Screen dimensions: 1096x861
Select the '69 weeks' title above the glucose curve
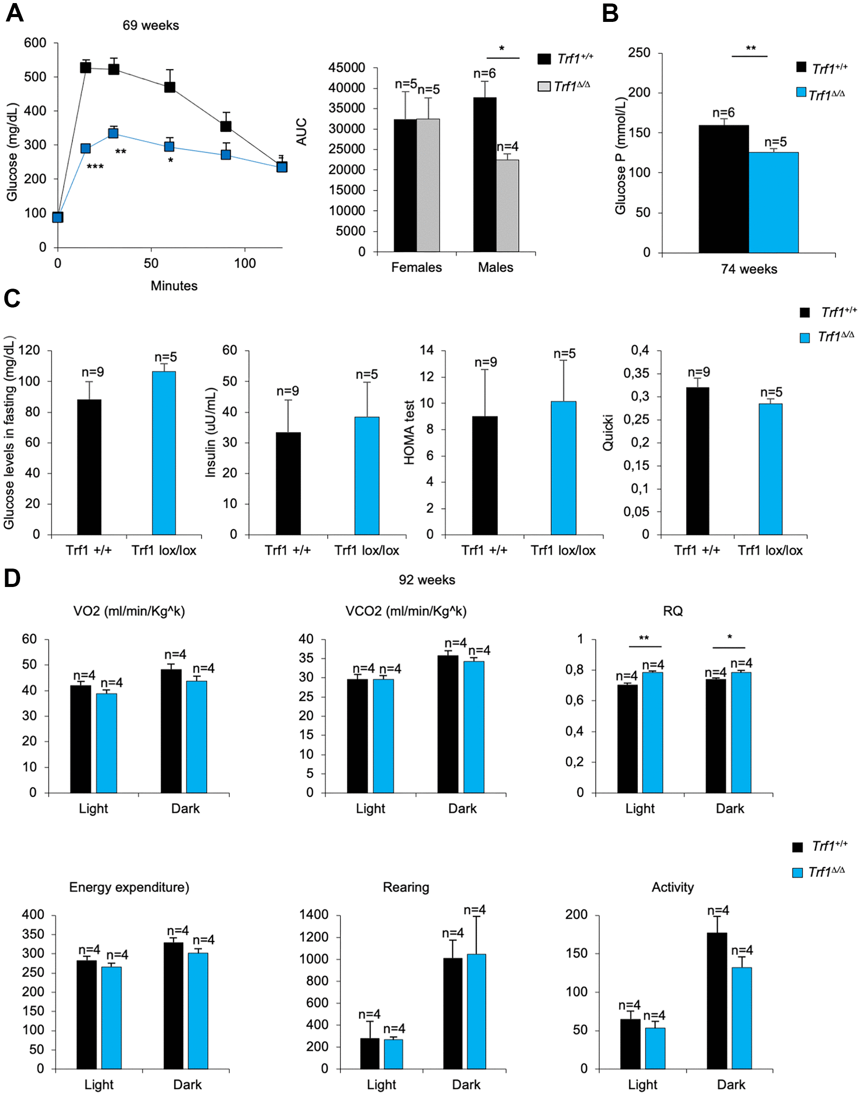pyautogui.click(x=151, y=25)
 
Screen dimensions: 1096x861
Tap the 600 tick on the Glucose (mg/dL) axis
pyautogui.click(x=35, y=43)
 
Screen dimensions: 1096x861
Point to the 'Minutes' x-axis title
pyautogui.click(x=174, y=286)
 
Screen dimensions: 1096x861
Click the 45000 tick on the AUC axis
pyautogui.click(x=347, y=67)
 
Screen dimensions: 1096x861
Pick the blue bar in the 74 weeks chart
pyautogui.click(x=773, y=202)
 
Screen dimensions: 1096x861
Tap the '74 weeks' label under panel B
pyautogui.click(x=748, y=269)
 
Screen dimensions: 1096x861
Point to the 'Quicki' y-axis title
pyautogui.click(x=608, y=432)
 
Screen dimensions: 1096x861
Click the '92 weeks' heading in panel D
pyautogui.click(x=426, y=580)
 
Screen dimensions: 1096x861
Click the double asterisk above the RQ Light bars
pyautogui.click(x=644, y=638)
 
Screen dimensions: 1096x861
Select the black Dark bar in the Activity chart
pyautogui.click(x=717, y=1000)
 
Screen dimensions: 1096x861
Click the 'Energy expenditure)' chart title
pyautogui.click(x=129, y=887)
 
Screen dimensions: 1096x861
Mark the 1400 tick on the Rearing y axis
pyautogui.click(x=314, y=915)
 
